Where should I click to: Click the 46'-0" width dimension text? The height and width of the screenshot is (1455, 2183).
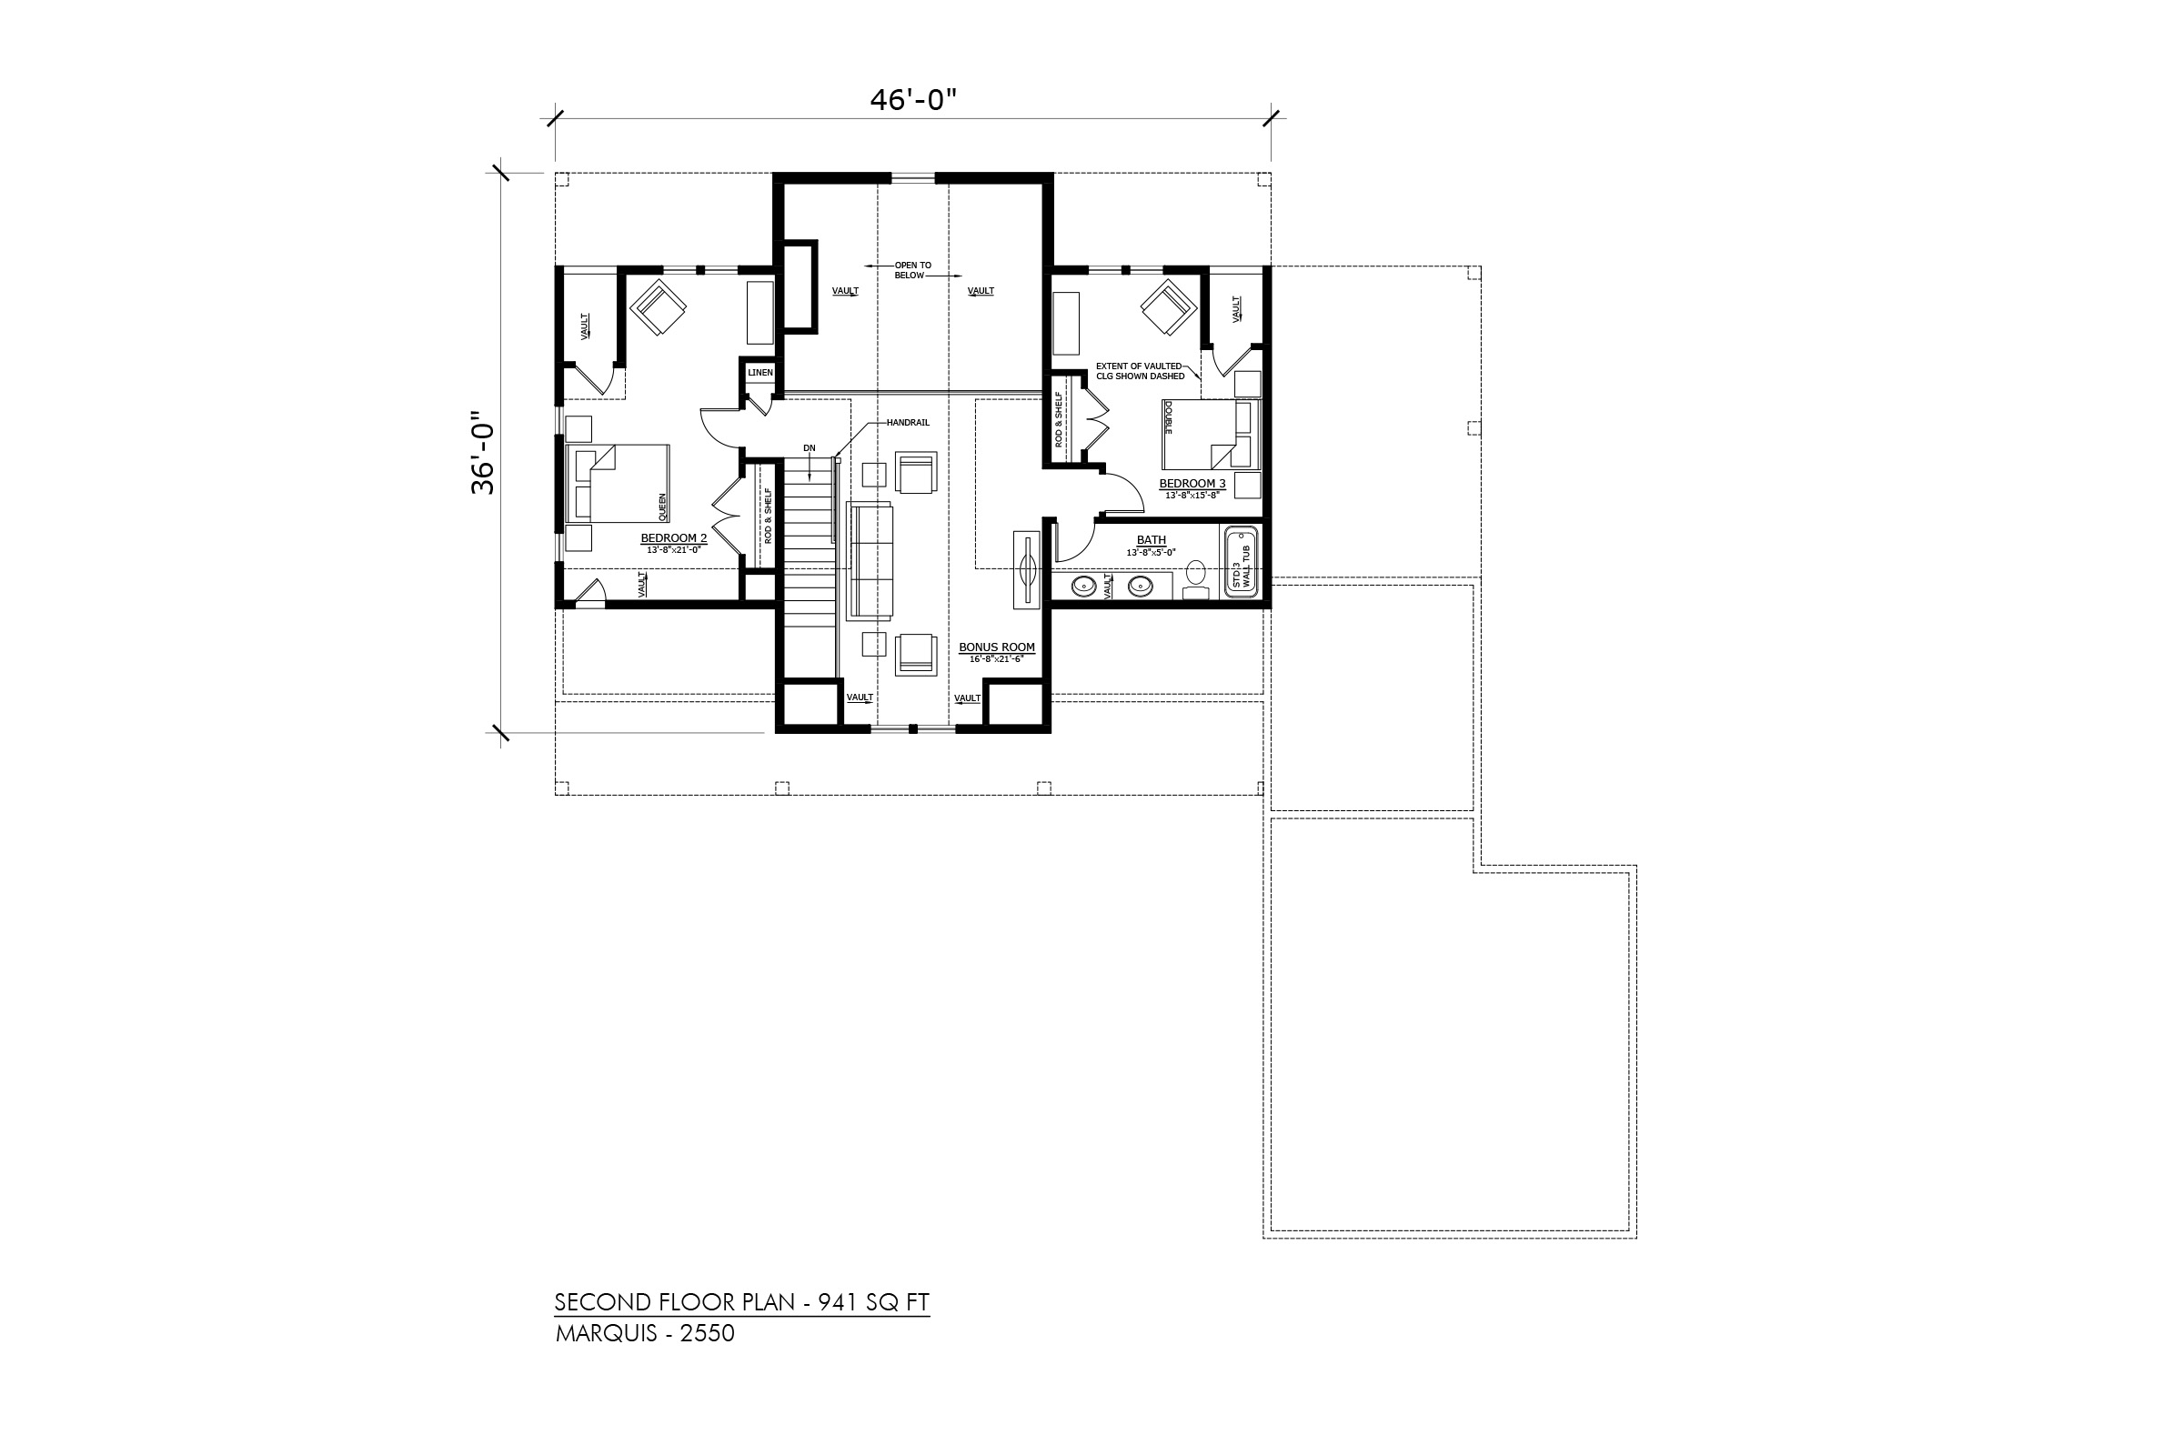pyautogui.click(x=912, y=99)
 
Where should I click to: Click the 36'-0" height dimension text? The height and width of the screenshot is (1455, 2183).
pyautogui.click(x=483, y=453)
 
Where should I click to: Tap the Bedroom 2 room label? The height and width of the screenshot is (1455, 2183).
pyautogui.click(x=674, y=538)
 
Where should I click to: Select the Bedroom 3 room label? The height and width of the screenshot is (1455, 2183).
pyautogui.click(x=1192, y=484)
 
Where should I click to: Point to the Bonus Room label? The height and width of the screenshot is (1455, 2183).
pyautogui.click(x=997, y=647)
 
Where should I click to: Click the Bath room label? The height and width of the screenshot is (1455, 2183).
pyautogui.click(x=1151, y=540)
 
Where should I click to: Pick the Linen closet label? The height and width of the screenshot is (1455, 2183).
pyautogui.click(x=760, y=373)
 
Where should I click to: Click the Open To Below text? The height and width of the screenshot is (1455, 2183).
pyautogui.click(x=912, y=270)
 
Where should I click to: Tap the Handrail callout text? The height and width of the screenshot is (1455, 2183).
pyautogui.click(x=908, y=423)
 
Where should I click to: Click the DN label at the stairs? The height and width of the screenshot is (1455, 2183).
pyautogui.click(x=810, y=448)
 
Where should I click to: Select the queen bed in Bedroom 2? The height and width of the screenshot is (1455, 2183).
pyautogui.click(x=618, y=484)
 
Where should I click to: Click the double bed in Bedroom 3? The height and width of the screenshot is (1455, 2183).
pyautogui.click(x=1211, y=435)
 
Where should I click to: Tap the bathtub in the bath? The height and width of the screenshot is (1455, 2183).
pyautogui.click(x=1240, y=563)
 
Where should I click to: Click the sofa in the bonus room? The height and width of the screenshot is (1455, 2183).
pyautogui.click(x=870, y=560)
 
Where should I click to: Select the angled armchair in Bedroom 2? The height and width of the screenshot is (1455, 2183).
pyautogui.click(x=658, y=307)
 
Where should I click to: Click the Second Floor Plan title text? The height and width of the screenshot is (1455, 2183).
pyautogui.click(x=741, y=1302)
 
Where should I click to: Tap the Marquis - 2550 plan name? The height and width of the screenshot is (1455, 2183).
pyautogui.click(x=645, y=1333)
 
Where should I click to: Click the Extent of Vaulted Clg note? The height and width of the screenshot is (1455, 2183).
pyautogui.click(x=1140, y=371)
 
